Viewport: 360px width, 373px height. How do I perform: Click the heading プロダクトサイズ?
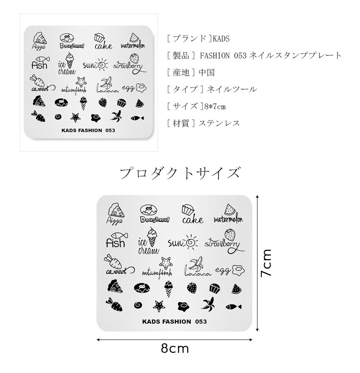click(180, 173)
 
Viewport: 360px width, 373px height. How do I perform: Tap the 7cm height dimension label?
click(266, 263)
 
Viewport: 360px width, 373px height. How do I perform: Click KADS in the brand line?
click(221, 39)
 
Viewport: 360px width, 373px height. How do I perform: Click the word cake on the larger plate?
click(192, 220)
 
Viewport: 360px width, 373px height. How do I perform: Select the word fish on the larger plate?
click(115, 243)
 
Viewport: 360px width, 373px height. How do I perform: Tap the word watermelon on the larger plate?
click(228, 219)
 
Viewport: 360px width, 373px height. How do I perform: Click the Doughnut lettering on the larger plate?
click(154, 219)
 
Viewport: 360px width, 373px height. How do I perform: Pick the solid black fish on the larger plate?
click(233, 306)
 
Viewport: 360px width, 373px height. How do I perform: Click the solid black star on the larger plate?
click(159, 305)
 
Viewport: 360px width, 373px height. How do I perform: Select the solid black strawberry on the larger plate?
click(191, 288)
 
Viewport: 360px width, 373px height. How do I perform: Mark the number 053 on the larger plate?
click(201, 321)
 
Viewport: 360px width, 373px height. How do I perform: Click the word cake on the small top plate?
click(103, 46)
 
